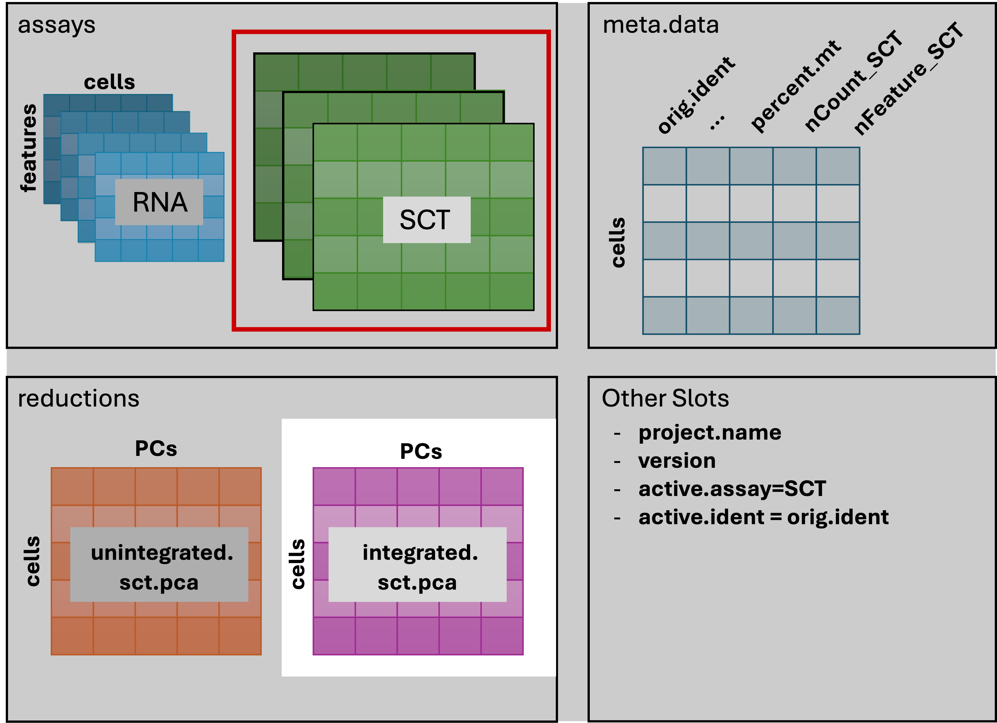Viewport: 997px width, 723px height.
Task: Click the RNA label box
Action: coord(159,202)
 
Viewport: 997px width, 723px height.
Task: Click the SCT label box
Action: coord(426,220)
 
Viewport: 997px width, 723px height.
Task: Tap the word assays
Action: coord(56,25)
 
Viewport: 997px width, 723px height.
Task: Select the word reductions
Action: coord(78,399)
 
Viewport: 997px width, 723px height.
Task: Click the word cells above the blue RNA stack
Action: coord(109,82)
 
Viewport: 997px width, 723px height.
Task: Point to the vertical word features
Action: coord(29,148)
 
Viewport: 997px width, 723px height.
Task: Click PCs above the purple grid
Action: coord(421,451)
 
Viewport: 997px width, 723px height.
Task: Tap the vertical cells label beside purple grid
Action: coord(298,564)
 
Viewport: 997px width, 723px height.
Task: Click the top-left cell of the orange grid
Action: coord(72,486)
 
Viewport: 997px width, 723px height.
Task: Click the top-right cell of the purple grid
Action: coord(502,486)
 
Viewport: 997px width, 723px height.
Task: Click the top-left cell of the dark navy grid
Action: coord(664,166)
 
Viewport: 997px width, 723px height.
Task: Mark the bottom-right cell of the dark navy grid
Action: coord(838,315)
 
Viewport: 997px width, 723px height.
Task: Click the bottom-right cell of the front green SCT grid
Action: coord(512,292)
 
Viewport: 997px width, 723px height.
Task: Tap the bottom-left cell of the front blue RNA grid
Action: coord(108,250)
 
